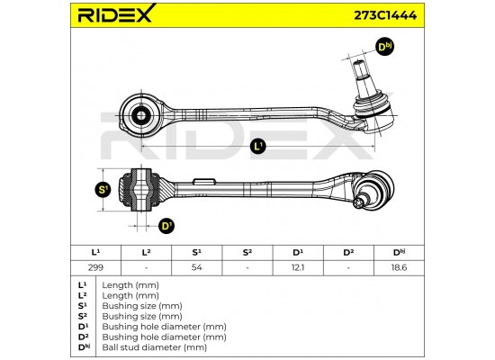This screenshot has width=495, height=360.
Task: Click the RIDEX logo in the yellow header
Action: tap(116, 13)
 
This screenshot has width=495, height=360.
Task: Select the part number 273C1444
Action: tap(385, 14)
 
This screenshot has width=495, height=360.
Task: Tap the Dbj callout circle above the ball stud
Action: tap(385, 47)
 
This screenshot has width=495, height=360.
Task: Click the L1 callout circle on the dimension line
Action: tap(258, 146)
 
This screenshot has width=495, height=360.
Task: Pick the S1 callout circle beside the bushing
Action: tap(103, 190)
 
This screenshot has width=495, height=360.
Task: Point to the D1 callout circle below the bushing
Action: tap(166, 226)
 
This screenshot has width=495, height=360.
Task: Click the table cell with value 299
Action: tap(95, 267)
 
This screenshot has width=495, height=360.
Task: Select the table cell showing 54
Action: tap(197, 267)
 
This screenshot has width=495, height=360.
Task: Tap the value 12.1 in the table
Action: tap(298, 267)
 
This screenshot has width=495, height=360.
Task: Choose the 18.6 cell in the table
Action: tap(399, 267)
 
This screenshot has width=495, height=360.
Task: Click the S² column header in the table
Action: tap(247, 253)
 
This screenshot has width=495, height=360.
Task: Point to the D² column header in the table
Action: tap(348, 253)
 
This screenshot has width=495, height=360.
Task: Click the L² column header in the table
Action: tap(146, 253)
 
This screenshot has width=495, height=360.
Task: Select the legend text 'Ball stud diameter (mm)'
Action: tap(155, 347)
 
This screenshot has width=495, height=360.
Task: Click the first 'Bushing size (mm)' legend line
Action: tap(142, 306)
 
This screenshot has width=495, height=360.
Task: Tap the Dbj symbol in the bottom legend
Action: tap(84, 347)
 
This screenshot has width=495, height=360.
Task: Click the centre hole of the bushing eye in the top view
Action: tap(141, 115)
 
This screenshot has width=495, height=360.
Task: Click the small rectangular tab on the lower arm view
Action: tap(204, 182)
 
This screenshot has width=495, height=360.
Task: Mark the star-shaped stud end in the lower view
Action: tap(358, 202)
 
